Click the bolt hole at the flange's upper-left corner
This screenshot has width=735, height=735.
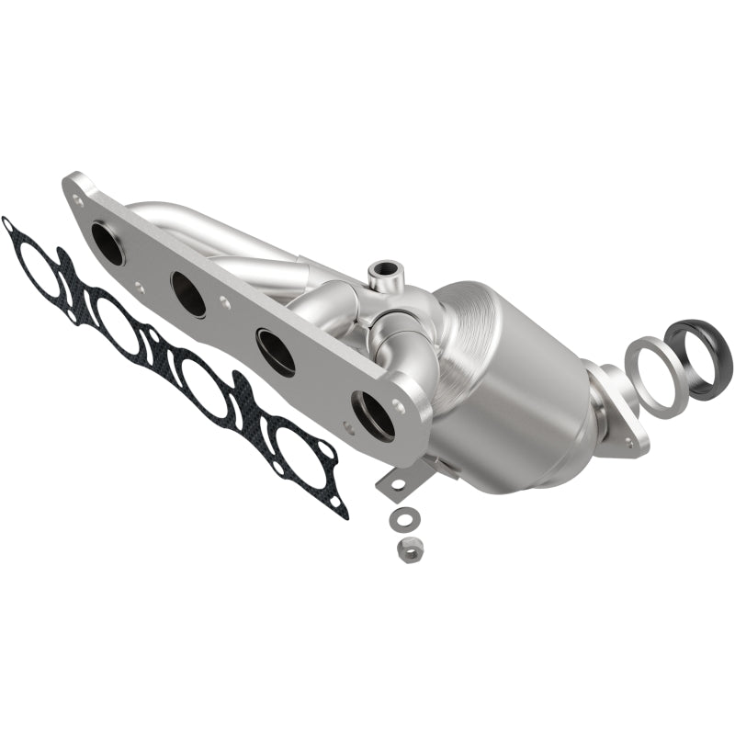tap(81, 196)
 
